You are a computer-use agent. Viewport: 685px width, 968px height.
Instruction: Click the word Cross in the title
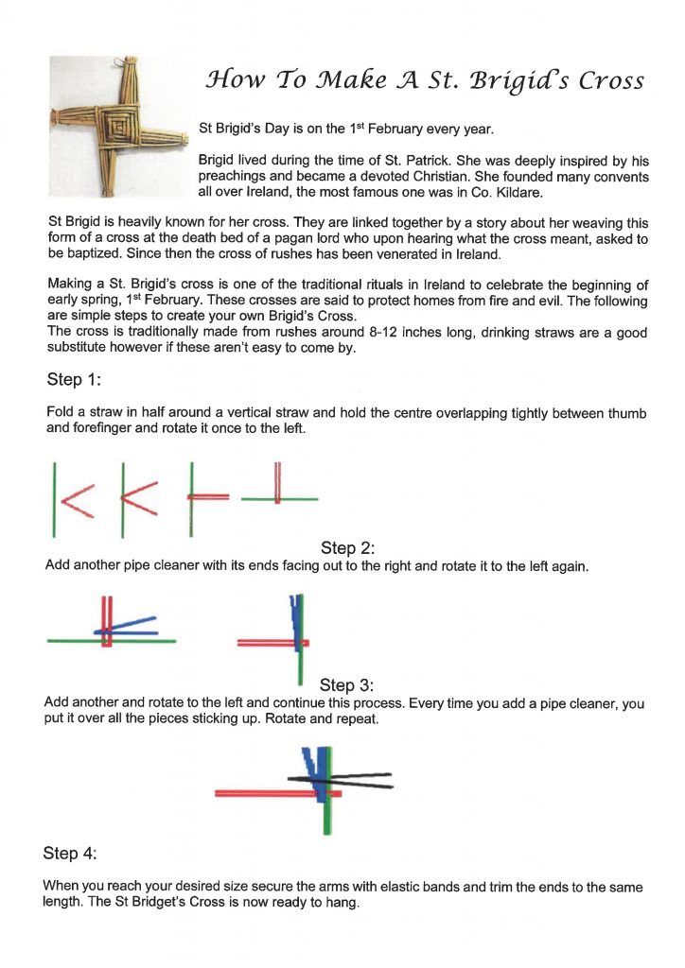point(611,82)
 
